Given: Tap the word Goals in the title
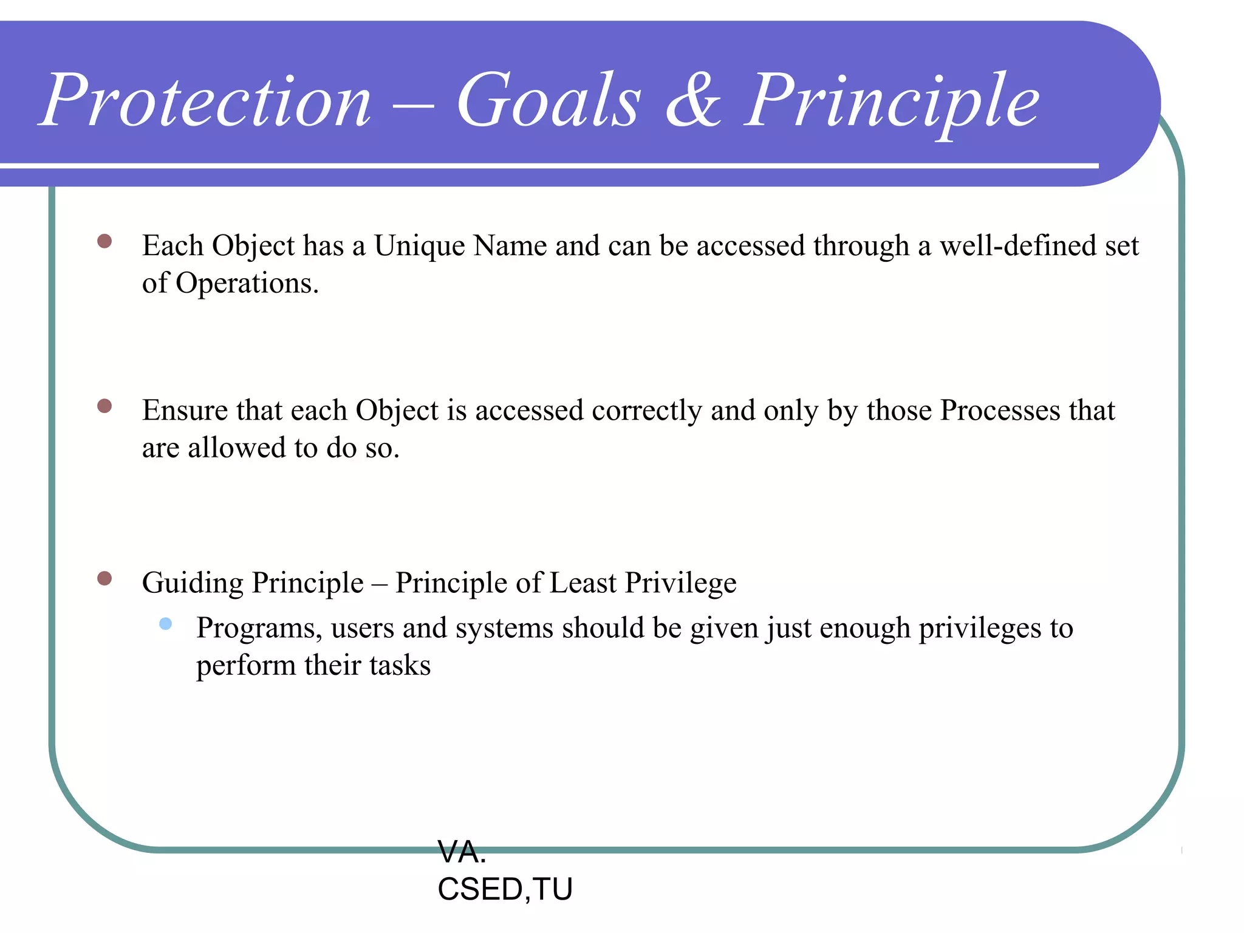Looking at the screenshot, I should (x=549, y=100).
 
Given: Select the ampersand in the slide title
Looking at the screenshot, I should (x=694, y=100).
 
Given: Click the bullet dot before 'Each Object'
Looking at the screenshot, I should (x=104, y=241).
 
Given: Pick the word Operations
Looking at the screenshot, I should (x=247, y=284).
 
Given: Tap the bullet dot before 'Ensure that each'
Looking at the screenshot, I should (x=104, y=406).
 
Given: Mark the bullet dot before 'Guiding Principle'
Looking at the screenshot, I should (x=104, y=578).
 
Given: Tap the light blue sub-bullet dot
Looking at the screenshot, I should (x=165, y=624).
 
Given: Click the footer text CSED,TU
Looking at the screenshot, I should (x=505, y=889).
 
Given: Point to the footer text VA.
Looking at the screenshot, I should (x=462, y=852).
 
